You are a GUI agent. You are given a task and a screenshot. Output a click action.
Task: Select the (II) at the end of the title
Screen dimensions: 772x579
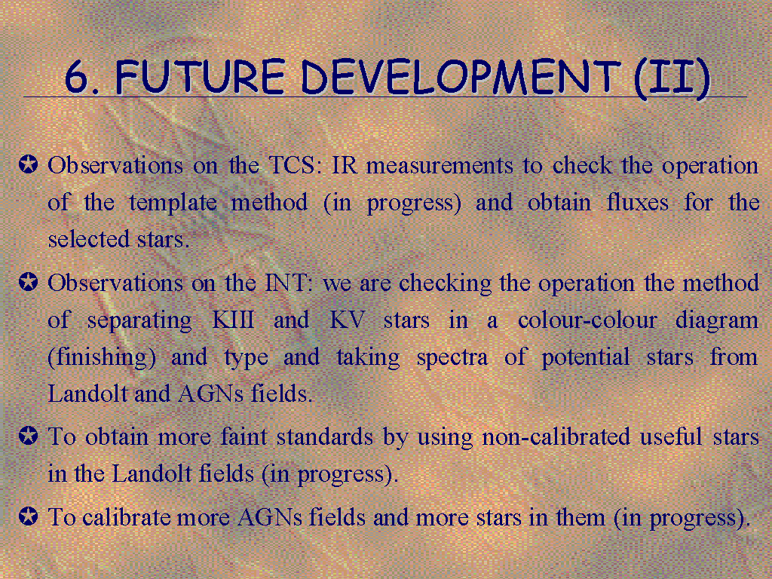(672, 78)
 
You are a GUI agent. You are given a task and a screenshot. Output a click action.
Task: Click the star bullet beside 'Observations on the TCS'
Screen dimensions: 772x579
(28, 164)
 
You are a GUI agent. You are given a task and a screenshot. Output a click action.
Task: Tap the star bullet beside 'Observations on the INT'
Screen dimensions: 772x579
(28, 282)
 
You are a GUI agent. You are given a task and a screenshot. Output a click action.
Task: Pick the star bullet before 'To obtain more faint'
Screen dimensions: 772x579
(28, 436)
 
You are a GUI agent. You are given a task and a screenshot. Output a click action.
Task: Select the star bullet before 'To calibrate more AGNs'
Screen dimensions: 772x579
(28, 516)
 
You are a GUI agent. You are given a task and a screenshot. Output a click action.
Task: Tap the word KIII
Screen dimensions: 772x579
(234, 320)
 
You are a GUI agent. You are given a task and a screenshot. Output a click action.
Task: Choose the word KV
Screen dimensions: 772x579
(347, 320)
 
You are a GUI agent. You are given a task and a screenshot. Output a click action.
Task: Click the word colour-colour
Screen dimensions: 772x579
(587, 320)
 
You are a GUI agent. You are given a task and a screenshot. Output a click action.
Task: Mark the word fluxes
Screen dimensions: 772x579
(637, 202)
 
